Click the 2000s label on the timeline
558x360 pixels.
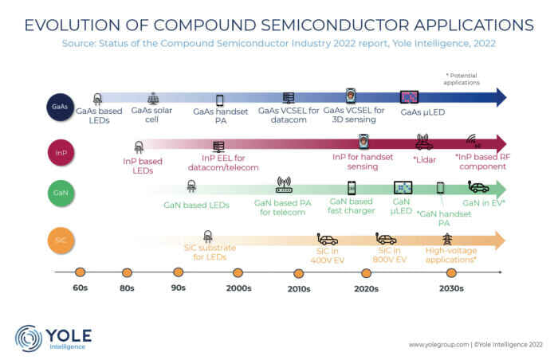point(238,288)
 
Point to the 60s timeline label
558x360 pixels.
point(79,288)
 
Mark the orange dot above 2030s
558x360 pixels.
point(451,272)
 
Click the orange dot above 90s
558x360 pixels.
point(179,272)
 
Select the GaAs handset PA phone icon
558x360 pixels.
point(220,100)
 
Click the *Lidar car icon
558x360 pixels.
point(423,143)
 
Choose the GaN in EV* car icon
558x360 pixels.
point(480,188)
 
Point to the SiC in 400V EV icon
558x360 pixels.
point(328,238)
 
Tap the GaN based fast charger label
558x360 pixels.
point(351,207)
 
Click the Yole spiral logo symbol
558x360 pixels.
point(29,338)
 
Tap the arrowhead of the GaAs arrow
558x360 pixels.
point(498,98)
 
